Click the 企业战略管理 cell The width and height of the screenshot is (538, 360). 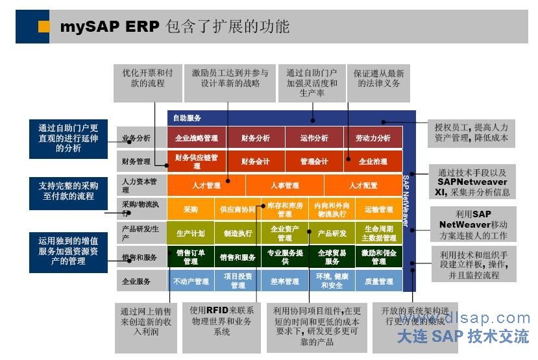tap(196, 138)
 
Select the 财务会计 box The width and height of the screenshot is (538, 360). tap(255, 161)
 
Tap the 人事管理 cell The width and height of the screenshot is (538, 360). tap(284, 186)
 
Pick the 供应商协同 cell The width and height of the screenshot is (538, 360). tap(238, 210)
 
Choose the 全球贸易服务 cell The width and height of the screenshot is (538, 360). tap(332, 257)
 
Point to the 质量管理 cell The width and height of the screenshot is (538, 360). tap(379, 282)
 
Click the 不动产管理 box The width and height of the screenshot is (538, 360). tap(191, 282)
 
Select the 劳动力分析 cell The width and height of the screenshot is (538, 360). tap(373, 138)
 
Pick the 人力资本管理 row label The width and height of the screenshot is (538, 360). tap(140, 186)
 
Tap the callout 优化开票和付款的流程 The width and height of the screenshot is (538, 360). tap(147, 78)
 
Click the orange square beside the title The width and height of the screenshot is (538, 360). tap(44, 26)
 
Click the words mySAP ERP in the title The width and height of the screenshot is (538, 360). tap(106, 27)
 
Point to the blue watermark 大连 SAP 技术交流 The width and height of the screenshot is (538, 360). tap(463, 336)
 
